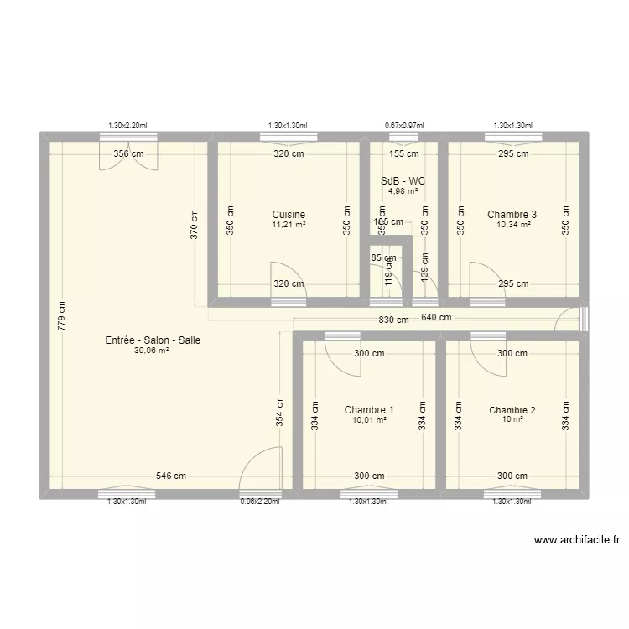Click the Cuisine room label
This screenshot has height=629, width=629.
click(289, 215)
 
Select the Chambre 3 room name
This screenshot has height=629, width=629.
click(512, 215)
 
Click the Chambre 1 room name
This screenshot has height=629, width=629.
click(369, 410)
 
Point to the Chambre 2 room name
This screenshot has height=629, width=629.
click(512, 410)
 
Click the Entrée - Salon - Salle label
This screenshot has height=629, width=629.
click(153, 340)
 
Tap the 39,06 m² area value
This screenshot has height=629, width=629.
click(152, 351)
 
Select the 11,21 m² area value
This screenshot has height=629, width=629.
click(289, 225)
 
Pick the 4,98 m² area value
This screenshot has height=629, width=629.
click(403, 191)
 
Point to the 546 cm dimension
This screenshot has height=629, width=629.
click(171, 476)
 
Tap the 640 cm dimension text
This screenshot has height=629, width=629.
click(436, 317)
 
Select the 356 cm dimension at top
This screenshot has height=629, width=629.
click(127, 153)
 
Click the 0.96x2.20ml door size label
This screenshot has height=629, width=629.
click(259, 502)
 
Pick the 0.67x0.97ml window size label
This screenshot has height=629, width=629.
click(404, 126)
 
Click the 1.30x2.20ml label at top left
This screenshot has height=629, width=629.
click(127, 126)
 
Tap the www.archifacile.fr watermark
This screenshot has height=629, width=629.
click(576, 541)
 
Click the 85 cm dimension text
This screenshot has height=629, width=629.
click(383, 257)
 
